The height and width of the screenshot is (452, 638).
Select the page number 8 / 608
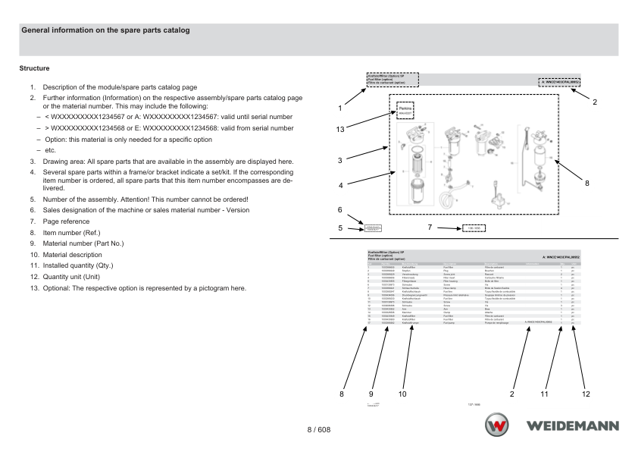[x=318, y=430]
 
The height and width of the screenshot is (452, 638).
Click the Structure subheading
[x=35, y=67]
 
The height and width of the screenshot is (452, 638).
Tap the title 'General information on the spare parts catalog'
[x=105, y=30]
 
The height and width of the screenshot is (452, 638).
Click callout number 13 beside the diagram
[x=341, y=130]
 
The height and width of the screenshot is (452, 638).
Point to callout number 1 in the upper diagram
[x=341, y=108]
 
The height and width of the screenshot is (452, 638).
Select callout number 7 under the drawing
[x=430, y=227]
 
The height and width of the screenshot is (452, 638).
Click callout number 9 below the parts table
[x=371, y=393]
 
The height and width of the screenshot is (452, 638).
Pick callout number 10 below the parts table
[x=402, y=393]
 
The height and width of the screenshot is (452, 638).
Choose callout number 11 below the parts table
[x=544, y=393]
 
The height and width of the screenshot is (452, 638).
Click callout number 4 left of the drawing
[x=341, y=185]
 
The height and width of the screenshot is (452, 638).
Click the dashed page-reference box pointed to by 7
[x=473, y=228]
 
